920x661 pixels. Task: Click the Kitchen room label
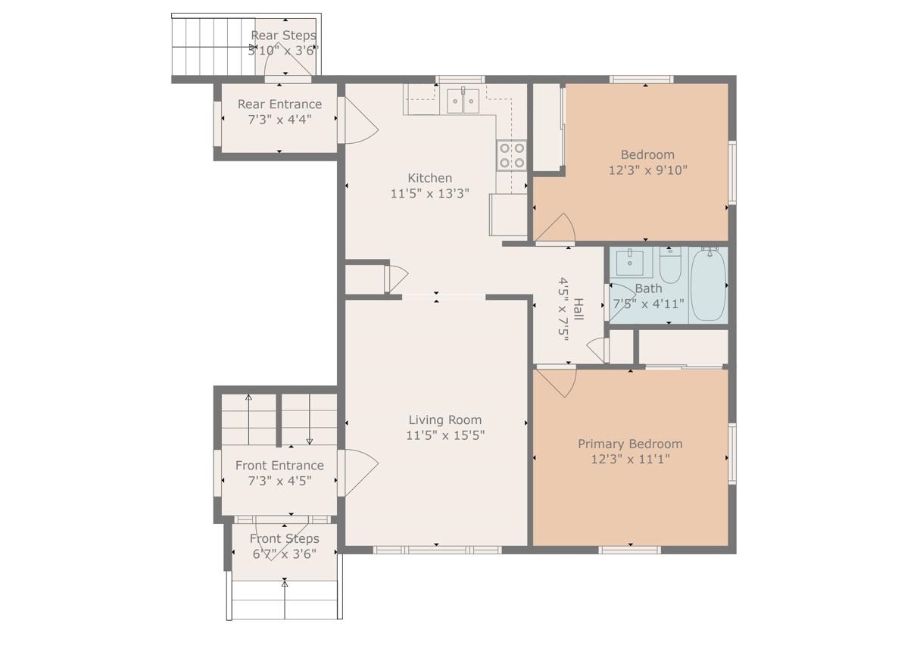pos(429,178)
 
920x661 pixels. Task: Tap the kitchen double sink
pos(463,101)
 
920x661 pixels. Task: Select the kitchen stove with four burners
pos(512,155)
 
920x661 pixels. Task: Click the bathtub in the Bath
pos(708,285)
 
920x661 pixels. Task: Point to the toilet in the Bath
pos(670,265)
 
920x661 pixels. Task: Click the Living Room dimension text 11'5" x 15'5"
pos(445,435)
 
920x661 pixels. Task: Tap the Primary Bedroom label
pos(630,444)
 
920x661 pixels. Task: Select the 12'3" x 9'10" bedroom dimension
pos(647,170)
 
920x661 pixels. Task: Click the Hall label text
pos(578,310)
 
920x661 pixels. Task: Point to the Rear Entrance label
pos(279,104)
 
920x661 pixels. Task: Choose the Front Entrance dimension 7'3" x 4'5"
pos(279,481)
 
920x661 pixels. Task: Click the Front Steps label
pos(284,538)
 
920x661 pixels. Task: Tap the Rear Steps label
pos(283,36)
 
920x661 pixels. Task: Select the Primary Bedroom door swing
pos(556,383)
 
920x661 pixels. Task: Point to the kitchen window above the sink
pos(460,80)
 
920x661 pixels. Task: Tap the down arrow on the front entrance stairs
pos(310,419)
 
